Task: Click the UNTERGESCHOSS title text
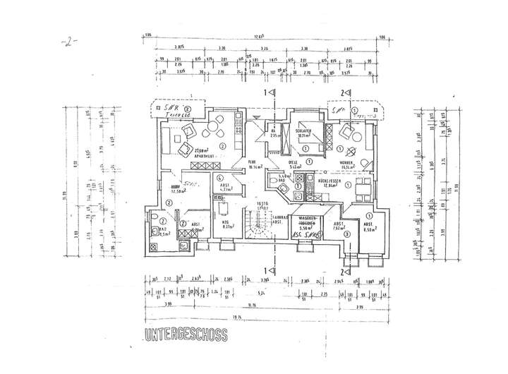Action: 186,336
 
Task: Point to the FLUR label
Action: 251,162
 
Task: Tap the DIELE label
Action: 294,162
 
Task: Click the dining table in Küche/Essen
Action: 363,186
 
